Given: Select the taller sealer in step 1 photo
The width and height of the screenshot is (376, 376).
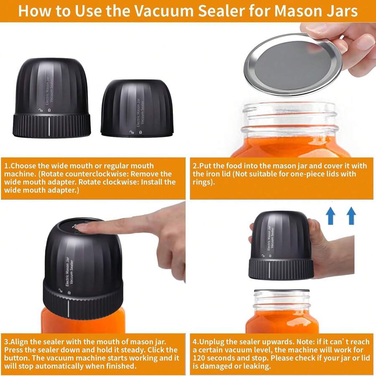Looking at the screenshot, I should (x=51, y=98).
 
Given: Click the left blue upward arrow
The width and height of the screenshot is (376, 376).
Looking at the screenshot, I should (x=331, y=216).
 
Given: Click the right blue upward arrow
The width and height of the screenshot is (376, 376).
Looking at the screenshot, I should (x=351, y=216).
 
